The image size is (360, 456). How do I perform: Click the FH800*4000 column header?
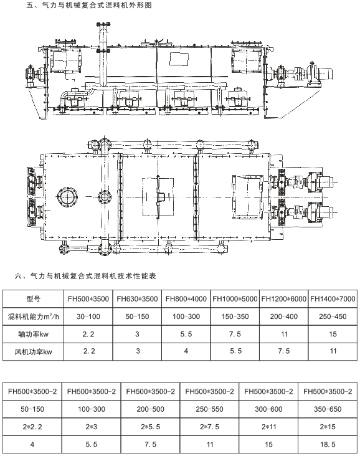[x=186, y=298]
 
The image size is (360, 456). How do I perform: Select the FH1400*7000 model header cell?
[x=333, y=298]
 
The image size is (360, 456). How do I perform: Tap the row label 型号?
[x=33, y=298]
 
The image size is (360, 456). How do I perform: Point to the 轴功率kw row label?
[x=33, y=334]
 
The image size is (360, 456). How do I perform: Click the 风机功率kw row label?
[x=33, y=352]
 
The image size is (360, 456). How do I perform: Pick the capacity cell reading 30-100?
[x=88, y=316]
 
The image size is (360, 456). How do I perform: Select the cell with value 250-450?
[x=333, y=316]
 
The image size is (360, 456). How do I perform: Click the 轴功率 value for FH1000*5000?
[x=235, y=334]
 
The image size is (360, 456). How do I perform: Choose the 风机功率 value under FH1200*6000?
[x=284, y=351]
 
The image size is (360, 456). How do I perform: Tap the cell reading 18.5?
[x=328, y=444]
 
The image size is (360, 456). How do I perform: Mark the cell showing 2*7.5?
[x=209, y=427]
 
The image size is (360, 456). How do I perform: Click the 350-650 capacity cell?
[x=328, y=409]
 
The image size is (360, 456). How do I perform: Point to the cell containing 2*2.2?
[x=32, y=427]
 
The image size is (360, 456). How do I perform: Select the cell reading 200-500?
[x=150, y=409]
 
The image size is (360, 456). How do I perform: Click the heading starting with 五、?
[x=89, y=5]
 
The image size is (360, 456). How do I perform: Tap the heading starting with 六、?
[x=85, y=276]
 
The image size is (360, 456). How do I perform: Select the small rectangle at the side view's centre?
[x=179, y=59]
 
